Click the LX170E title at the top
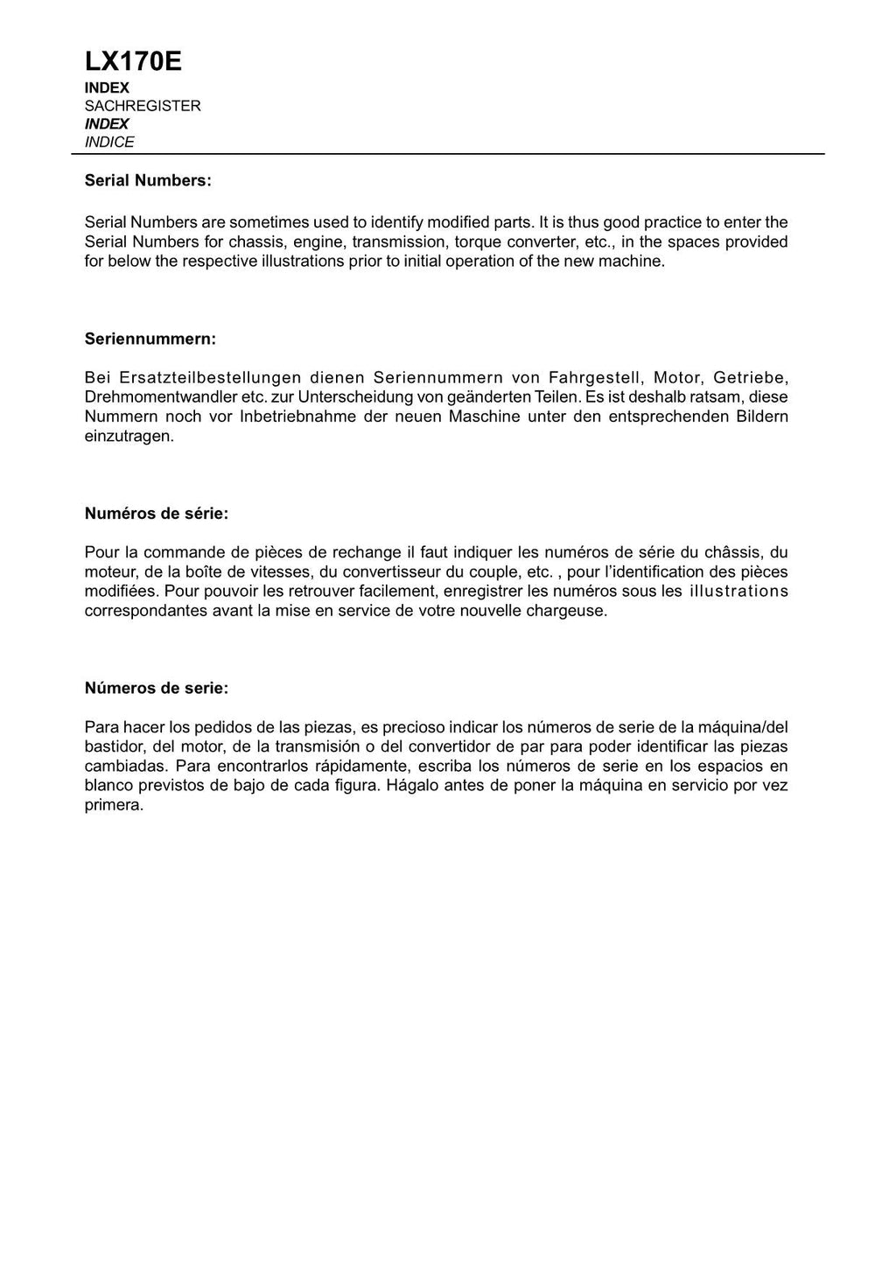(133, 61)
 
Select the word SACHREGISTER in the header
(143, 106)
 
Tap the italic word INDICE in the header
(109, 142)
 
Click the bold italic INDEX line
(107, 124)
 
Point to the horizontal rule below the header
(448, 154)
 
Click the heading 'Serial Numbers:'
(148, 180)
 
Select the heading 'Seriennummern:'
(150, 338)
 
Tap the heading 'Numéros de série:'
(157, 514)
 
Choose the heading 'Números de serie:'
(157, 688)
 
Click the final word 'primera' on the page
(113, 805)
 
